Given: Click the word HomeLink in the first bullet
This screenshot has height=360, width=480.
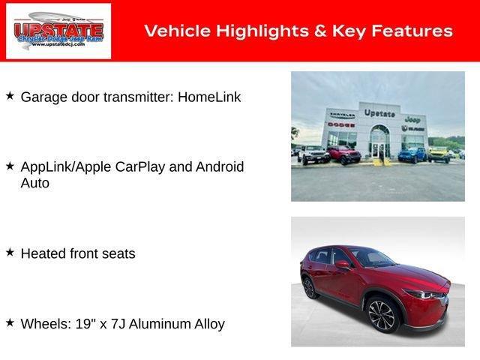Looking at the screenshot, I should (209, 97).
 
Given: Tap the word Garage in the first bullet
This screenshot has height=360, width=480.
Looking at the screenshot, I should (42, 97).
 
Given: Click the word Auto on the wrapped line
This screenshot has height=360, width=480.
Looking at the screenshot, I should (34, 183).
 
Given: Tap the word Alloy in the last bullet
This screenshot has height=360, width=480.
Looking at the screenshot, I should (208, 324).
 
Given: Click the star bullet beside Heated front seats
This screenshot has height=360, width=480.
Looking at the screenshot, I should (10, 253).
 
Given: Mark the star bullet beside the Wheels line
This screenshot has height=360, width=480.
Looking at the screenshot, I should (10, 323).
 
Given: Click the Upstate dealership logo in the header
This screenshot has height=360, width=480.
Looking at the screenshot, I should (58, 31).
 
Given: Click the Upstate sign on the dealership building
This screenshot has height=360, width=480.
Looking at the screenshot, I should (379, 113).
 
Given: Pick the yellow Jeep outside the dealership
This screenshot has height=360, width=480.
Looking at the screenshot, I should (439, 154).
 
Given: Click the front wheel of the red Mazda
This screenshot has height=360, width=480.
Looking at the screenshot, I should (381, 316).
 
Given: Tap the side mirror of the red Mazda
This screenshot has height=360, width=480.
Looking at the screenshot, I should (343, 264).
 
